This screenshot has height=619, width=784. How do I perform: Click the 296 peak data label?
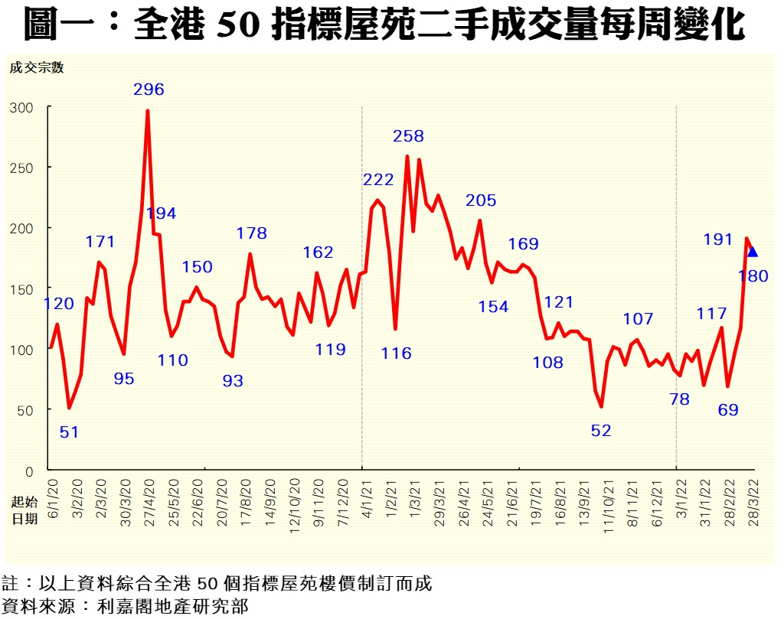(149, 90)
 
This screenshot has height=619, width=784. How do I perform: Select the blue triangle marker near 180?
(753, 252)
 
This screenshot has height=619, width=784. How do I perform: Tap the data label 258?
(408, 136)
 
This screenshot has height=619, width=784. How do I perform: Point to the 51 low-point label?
(69, 432)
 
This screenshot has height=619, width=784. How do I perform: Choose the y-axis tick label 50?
(25, 410)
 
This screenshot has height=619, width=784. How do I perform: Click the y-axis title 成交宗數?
(36, 67)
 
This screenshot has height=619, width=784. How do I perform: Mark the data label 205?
(481, 200)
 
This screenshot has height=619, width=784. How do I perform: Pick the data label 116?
(396, 353)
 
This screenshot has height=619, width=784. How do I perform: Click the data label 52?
(601, 431)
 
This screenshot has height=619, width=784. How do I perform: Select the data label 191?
(718, 239)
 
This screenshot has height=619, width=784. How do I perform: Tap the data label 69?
(727, 410)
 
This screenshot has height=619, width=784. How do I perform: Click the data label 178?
(251, 233)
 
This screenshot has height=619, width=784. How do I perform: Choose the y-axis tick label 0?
(29, 471)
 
